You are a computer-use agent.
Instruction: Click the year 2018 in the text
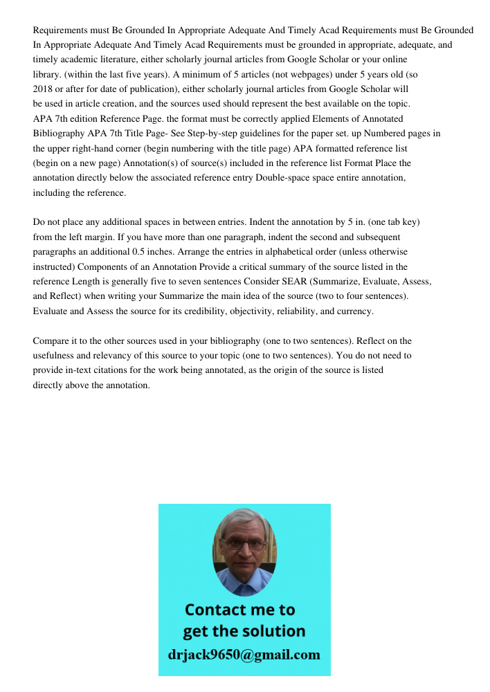pyautogui.click(x=44, y=89)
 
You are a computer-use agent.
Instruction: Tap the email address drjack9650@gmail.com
pyautogui.click(x=244, y=655)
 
